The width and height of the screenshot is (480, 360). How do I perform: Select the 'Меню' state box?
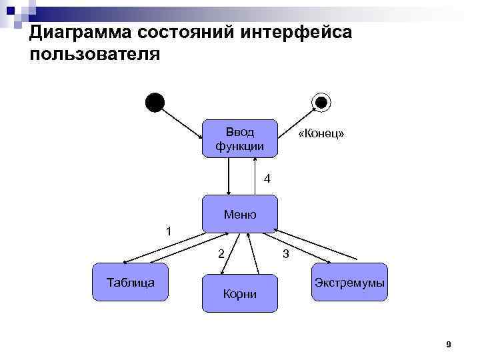click(x=239, y=214)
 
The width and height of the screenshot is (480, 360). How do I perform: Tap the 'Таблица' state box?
click(x=131, y=282)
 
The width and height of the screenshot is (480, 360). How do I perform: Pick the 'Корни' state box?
click(x=239, y=293)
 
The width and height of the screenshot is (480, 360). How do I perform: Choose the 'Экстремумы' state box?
click(x=349, y=282)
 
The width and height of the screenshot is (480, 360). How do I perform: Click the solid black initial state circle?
click(x=155, y=102)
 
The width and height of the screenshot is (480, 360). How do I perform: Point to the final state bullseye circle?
click(x=321, y=102)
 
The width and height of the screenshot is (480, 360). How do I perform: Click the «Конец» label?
click(x=321, y=134)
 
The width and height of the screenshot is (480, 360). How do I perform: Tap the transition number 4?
click(x=267, y=179)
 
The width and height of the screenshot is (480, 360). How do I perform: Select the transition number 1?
click(x=169, y=231)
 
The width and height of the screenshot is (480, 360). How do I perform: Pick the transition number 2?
click(x=221, y=253)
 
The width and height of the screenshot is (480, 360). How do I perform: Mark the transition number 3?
click(x=285, y=253)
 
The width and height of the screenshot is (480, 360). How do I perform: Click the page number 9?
click(x=448, y=344)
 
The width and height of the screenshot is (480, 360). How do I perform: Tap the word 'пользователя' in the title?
click(x=95, y=54)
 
